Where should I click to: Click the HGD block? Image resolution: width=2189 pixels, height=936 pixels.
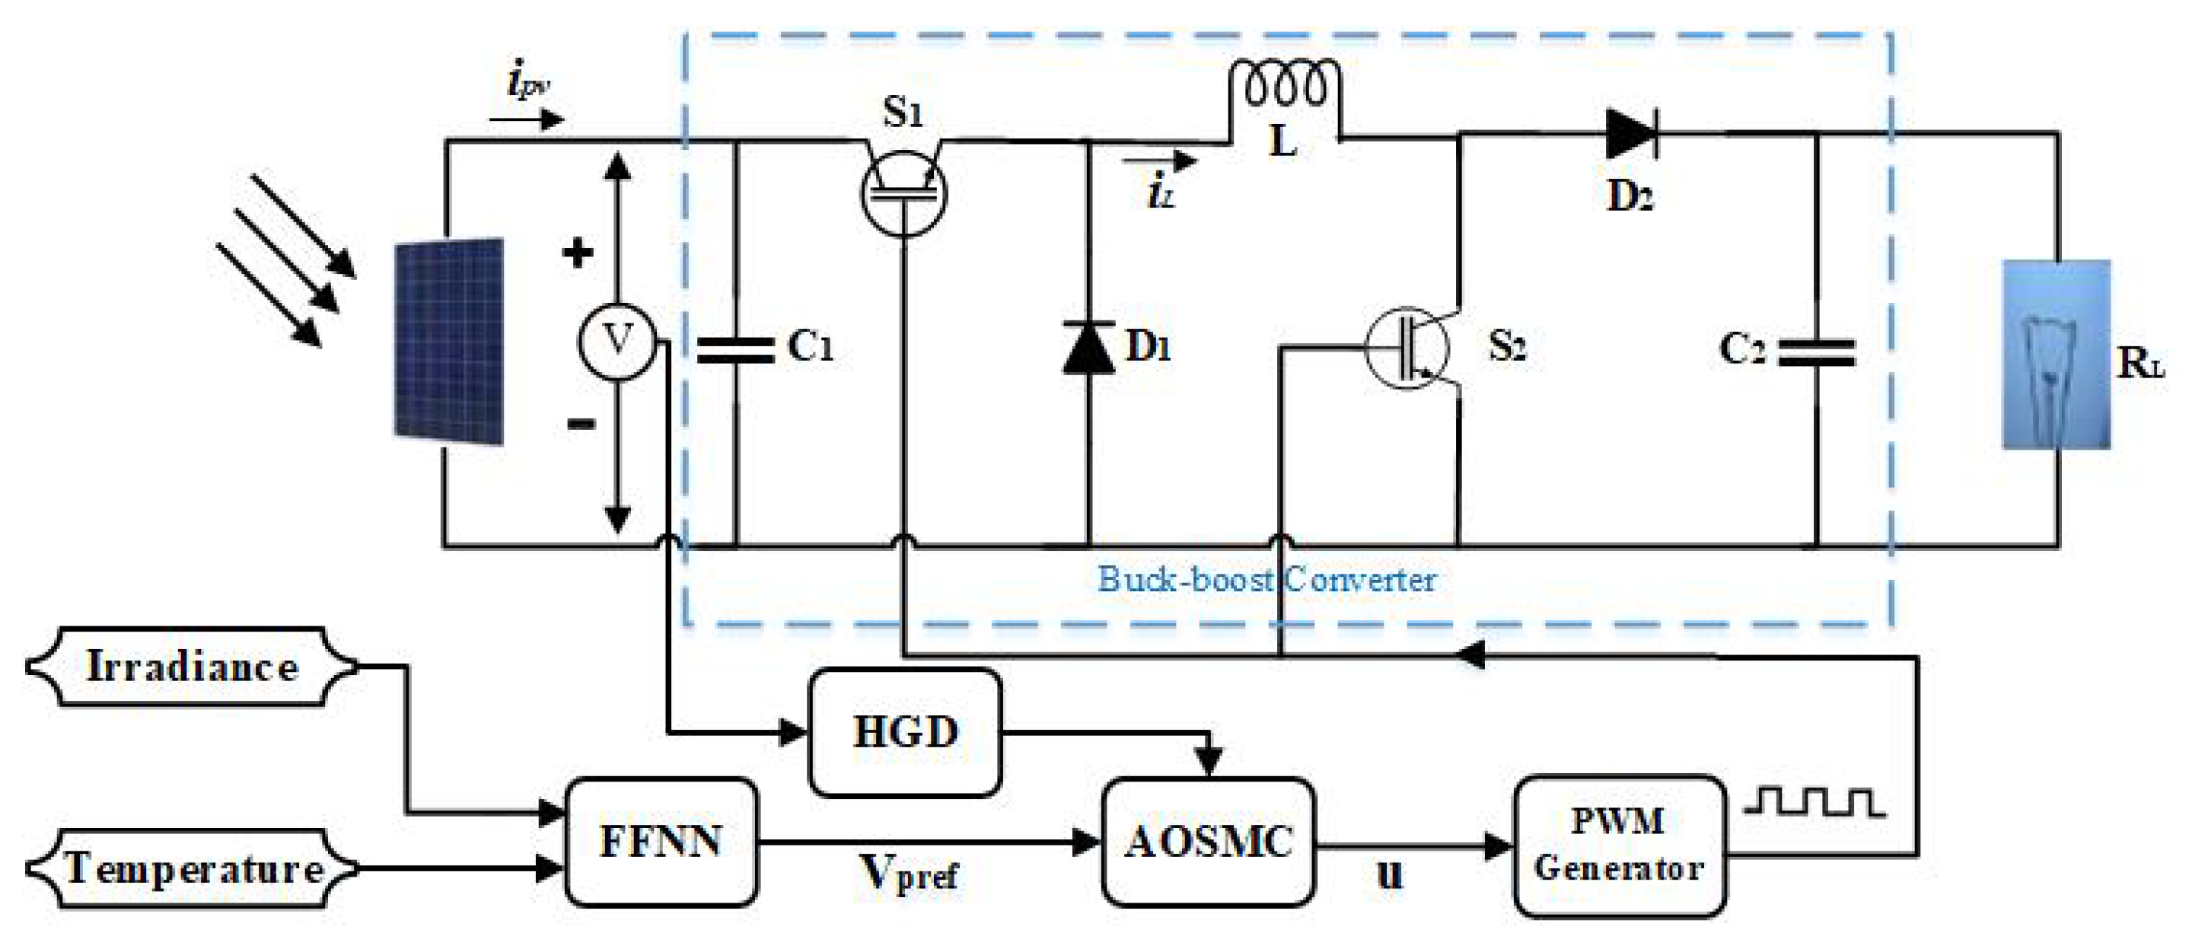pyautogui.click(x=905, y=732)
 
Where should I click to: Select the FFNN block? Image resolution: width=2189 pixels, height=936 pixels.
pyautogui.click(x=661, y=841)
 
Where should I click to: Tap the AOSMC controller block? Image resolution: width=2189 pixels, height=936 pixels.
pyautogui.click(x=1207, y=841)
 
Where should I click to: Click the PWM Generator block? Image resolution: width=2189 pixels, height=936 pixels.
pyautogui.click(x=1619, y=845)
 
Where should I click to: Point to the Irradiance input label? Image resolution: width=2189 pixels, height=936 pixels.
pyautogui.click(x=192, y=667)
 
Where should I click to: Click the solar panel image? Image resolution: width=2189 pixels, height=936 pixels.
pyautogui.click(x=448, y=342)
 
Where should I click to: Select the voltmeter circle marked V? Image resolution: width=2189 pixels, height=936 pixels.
pyautogui.click(x=617, y=342)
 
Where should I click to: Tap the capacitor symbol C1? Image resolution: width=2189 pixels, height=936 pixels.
pyautogui.click(x=736, y=350)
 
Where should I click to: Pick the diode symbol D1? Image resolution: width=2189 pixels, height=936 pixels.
pyautogui.click(x=1088, y=349)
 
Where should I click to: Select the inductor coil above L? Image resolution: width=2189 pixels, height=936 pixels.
pyautogui.click(x=1285, y=85)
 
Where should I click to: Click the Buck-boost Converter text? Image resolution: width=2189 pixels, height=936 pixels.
pyautogui.click(x=1267, y=580)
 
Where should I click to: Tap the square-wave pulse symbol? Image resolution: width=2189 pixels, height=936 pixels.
pyautogui.click(x=1815, y=803)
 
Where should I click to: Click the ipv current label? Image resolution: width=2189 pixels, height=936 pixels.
pyautogui.click(x=527, y=83)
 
